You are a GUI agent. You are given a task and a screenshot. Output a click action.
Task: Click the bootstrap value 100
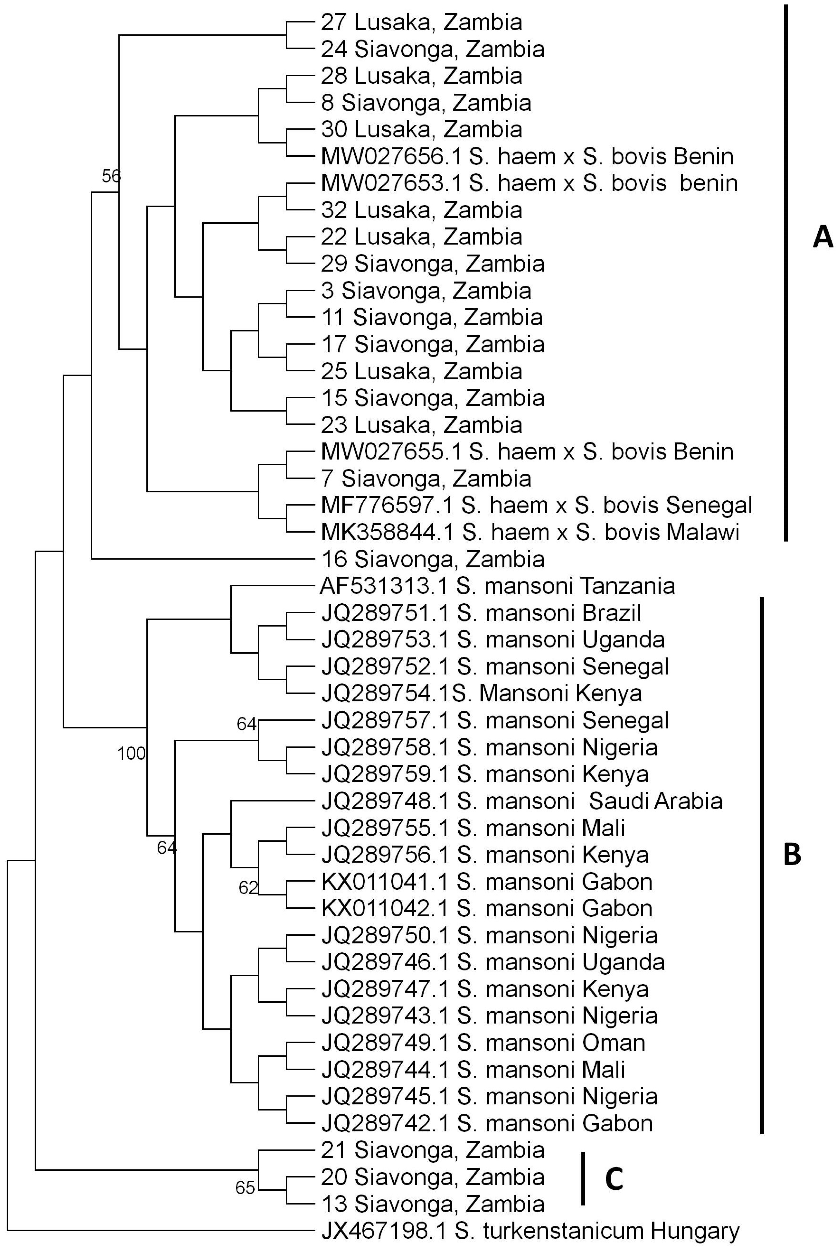[131, 754]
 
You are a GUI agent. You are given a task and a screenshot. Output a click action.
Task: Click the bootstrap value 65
[245, 1188]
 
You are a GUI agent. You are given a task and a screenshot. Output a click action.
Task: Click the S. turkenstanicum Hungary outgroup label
[530, 1231]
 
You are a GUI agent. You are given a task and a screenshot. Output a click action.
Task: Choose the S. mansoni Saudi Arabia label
[522, 801]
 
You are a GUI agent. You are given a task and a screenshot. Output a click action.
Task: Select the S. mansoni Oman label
[483, 1043]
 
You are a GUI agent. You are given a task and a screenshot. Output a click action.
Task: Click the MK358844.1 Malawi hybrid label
[530, 532]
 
